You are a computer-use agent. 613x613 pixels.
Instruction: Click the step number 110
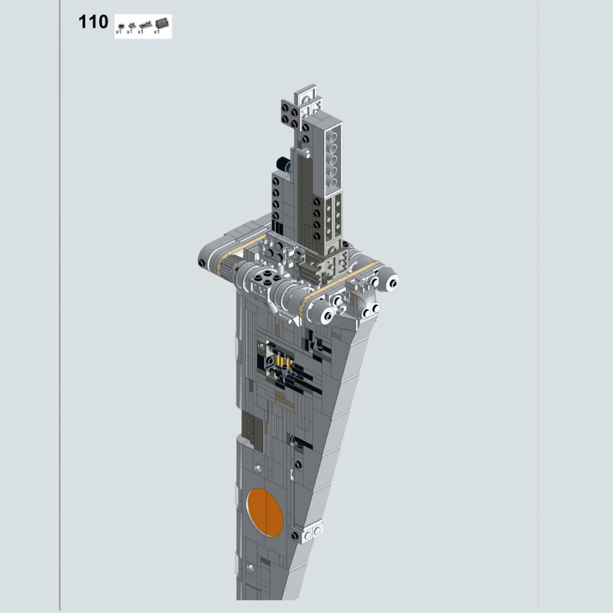point(93,22)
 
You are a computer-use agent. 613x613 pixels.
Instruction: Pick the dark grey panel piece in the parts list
point(162,23)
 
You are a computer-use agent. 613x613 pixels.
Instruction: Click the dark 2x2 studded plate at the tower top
point(290,111)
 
